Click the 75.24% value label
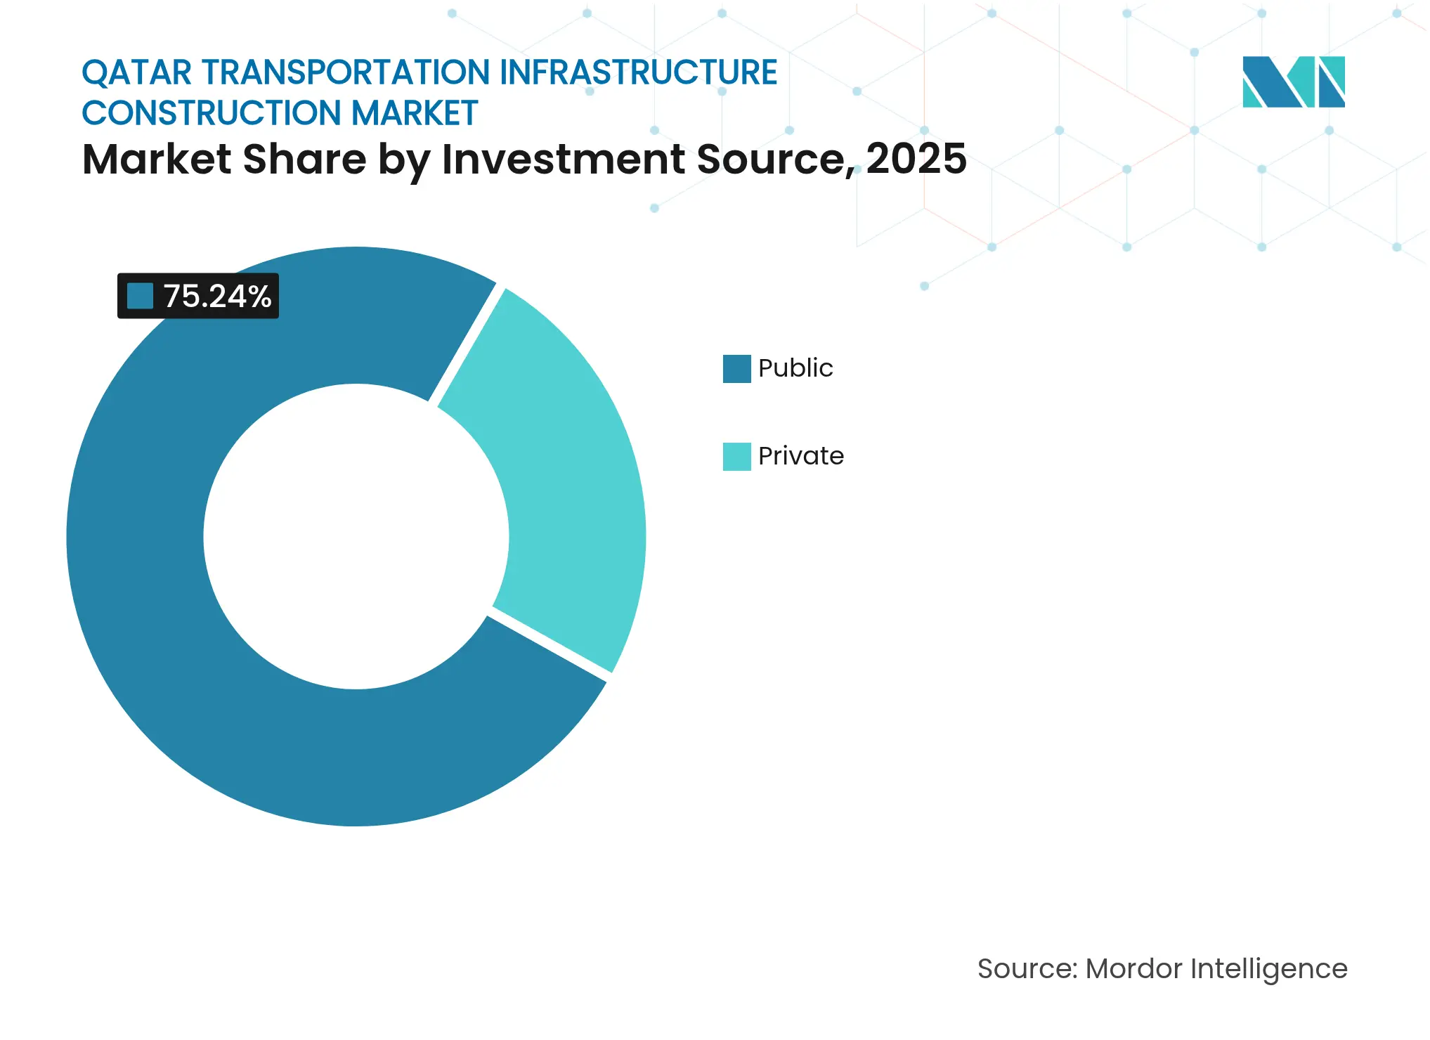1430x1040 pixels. [x=216, y=297]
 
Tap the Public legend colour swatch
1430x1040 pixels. [x=736, y=369]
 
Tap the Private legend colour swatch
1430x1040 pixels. [x=736, y=457]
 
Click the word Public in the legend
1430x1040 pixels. [x=795, y=368]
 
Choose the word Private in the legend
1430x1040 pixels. [x=801, y=456]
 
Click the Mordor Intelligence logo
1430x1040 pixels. [x=1293, y=82]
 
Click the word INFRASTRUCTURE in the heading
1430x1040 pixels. [x=638, y=73]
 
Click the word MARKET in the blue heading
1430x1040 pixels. [x=415, y=114]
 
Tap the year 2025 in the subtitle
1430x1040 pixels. [x=916, y=160]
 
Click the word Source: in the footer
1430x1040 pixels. [x=1027, y=969]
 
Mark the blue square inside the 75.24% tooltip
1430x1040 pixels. [x=140, y=297]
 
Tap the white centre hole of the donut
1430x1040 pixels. [x=356, y=537]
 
